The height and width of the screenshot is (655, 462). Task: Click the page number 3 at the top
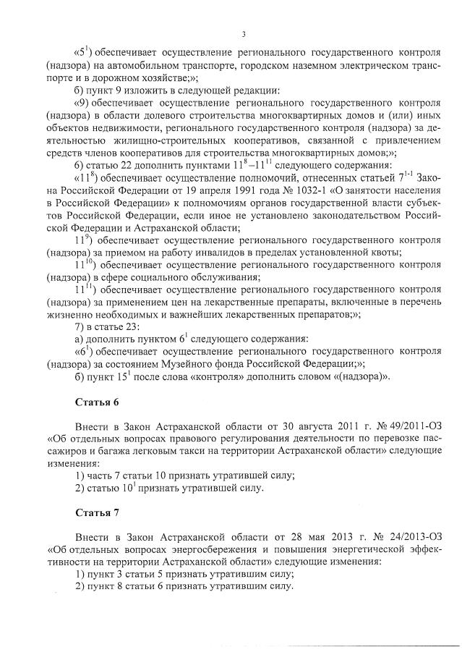point(244,34)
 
